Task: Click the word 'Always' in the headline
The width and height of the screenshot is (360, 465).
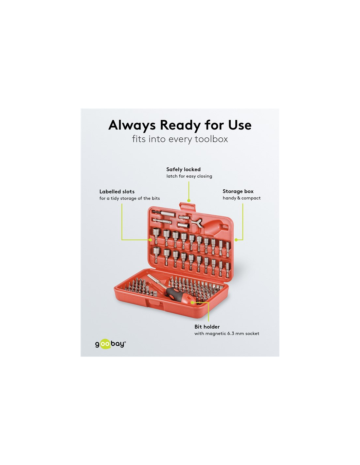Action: pyautogui.click(x=132, y=126)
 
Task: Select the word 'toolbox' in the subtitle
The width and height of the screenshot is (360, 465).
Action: pyautogui.click(x=211, y=139)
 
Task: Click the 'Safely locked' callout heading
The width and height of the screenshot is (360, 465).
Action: pyautogui.click(x=183, y=169)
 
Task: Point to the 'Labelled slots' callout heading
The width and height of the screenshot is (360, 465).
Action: pyautogui.click(x=117, y=192)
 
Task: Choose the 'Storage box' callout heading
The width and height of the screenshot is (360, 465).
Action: pyautogui.click(x=238, y=191)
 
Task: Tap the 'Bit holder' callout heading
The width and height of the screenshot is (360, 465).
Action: pyautogui.click(x=207, y=327)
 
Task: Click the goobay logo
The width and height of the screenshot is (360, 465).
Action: pyautogui.click(x=110, y=344)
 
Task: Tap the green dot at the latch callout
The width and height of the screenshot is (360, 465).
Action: pyautogui.click(x=189, y=200)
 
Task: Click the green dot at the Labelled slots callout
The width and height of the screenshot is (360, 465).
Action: pyautogui.click(x=150, y=240)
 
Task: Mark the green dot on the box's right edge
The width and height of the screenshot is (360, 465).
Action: pyautogui.click(x=236, y=240)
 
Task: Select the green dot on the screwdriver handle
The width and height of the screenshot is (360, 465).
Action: pyautogui.click(x=192, y=302)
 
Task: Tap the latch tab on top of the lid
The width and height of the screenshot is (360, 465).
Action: pyautogui.click(x=188, y=206)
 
